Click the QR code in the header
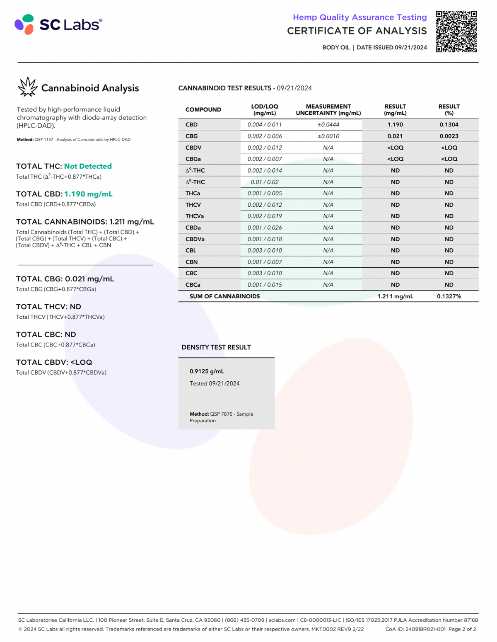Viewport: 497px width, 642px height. coord(456,31)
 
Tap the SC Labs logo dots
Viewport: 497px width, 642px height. coord(24,24)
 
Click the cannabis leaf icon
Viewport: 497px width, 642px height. coord(27,87)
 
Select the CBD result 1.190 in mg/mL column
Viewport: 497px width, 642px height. coord(395,125)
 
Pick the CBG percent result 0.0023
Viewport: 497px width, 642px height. coord(449,136)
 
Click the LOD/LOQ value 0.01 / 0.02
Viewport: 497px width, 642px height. coord(265,182)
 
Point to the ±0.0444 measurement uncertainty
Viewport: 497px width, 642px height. coord(328,125)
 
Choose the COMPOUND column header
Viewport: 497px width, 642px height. coord(203,110)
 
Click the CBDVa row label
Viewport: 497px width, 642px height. coord(195,239)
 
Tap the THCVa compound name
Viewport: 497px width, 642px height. coord(195,216)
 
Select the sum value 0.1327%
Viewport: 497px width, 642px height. coord(449,296)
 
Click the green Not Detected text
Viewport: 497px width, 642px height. coord(88,166)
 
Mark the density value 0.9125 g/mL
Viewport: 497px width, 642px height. coord(207,371)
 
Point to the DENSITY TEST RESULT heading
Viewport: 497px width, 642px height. coord(216,347)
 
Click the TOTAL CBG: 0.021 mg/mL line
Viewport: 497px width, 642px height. coord(65,279)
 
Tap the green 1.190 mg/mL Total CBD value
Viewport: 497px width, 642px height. coord(88,194)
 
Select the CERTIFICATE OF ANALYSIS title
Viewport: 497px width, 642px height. coord(357,31)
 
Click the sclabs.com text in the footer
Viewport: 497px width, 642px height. coord(282,620)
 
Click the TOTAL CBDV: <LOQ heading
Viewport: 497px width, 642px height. coord(54,362)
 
